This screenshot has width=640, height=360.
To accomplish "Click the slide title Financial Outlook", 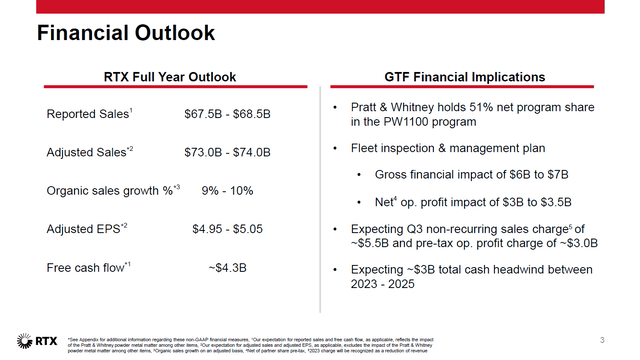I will (126, 33).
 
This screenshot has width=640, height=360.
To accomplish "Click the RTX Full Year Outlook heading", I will (170, 77).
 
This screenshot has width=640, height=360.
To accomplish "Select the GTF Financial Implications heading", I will (465, 77).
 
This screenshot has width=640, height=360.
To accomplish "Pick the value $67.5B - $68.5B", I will (228, 114).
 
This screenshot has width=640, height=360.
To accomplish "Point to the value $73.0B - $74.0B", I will (228, 153).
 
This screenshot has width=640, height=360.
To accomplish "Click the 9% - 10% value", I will (227, 191).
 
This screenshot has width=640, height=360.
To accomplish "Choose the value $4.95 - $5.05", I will (227, 230).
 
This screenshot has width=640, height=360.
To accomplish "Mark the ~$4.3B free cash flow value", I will (227, 269).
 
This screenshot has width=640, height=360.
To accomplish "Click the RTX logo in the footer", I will (37, 340).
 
